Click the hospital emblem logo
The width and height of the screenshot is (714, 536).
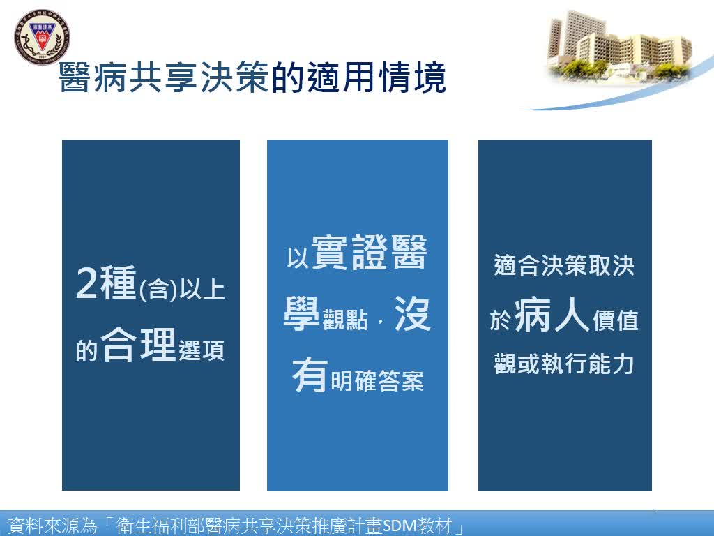click(42, 37)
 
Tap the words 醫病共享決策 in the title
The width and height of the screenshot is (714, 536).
click(164, 77)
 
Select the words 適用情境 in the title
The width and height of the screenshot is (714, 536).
click(359, 77)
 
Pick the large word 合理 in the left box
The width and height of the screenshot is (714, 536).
click(139, 344)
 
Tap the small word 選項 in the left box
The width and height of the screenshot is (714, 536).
click(202, 350)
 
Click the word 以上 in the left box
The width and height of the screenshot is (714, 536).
click(202, 290)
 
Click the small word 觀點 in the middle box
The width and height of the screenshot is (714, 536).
click(344, 320)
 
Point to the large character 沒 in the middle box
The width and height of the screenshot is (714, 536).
click(413, 313)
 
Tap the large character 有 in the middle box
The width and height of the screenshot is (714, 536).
click(310, 375)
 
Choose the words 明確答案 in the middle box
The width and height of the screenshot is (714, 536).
click(377, 380)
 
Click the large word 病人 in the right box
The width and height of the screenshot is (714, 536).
click(552, 315)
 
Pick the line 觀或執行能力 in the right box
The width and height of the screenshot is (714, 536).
click(564, 364)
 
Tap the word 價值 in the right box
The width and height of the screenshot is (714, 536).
click(615, 320)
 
